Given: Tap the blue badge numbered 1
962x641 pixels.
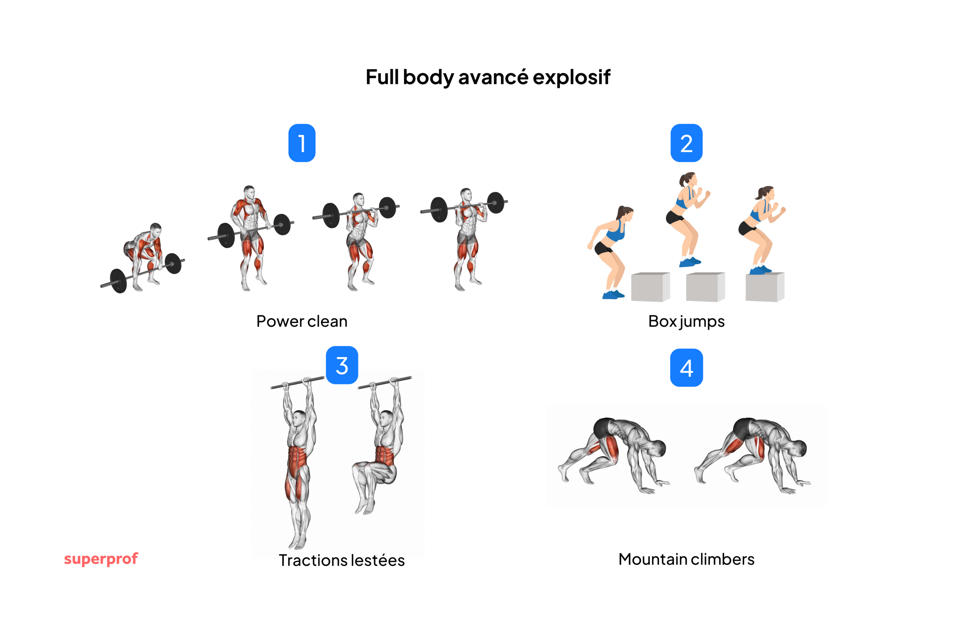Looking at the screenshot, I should pos(302,143).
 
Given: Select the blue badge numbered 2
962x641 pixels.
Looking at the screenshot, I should pos(686,143).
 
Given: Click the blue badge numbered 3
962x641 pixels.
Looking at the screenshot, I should pos(342,365).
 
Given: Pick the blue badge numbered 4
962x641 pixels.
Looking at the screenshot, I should pos(686,368).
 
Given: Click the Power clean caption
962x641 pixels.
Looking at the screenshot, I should pos(302,321).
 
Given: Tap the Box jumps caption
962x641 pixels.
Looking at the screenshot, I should pos(686,321).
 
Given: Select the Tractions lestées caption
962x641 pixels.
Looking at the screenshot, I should pos(342,560).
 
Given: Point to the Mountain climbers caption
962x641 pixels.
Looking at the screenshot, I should pos(686,559).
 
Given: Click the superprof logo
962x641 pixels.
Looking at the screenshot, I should pos(101,558).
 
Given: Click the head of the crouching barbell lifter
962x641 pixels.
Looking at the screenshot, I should pos(156,229).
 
